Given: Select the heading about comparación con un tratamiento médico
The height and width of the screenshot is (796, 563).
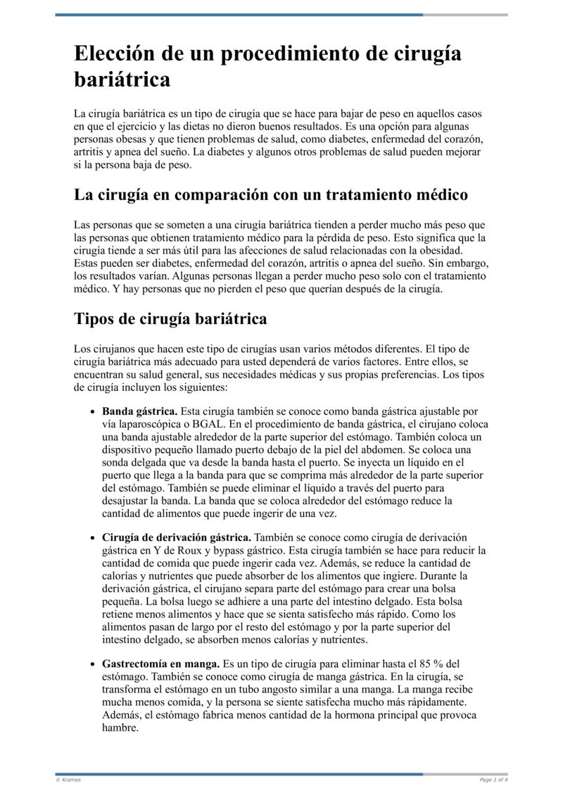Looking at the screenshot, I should click(x=271, y=194).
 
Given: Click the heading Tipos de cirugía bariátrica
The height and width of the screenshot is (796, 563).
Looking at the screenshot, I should click(x=170, y=318).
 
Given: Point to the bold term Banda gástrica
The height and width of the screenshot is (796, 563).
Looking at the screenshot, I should click(x=139, y=411).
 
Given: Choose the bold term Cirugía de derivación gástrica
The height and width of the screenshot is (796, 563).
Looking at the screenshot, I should click(x=177, y=537).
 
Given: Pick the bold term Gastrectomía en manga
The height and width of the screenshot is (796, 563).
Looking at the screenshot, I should click(x=160, y=664).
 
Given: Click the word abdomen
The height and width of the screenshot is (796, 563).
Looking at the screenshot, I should click(x=432, y=449).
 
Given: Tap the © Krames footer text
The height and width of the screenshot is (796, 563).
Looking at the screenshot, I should click(x=68, y=780).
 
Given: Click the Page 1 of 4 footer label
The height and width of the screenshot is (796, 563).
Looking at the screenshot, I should click(x=493, y=780).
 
